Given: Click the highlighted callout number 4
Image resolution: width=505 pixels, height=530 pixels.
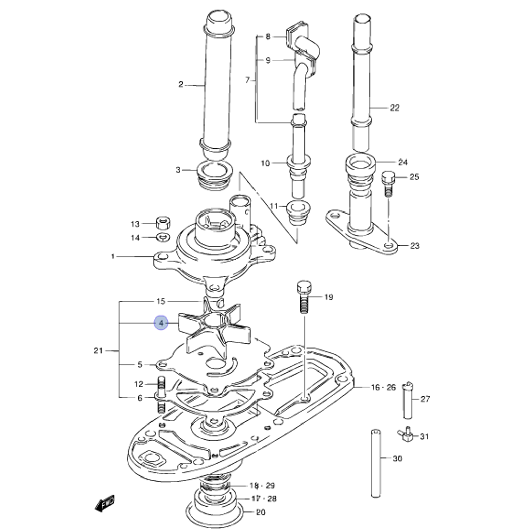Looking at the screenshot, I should coord(161,324).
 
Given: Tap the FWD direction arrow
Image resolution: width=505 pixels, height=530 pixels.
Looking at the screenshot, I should coord(105,502).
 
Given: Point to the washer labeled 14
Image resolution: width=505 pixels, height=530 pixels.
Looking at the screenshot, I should coord(163,237).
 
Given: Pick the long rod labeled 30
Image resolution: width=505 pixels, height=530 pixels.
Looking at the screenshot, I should coord(375,462).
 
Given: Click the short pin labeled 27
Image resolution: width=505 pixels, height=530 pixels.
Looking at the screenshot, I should coord(408,400).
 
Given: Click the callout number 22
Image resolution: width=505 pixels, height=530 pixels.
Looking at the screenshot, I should coord(394,108).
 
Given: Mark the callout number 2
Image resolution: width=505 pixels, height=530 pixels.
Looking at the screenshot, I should coord(181,84).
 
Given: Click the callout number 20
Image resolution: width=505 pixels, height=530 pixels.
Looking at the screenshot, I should coord(261,513).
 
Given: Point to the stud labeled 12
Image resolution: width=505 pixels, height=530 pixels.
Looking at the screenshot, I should coord(162,386).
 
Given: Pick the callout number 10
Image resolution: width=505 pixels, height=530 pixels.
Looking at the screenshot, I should coord(265,163).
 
